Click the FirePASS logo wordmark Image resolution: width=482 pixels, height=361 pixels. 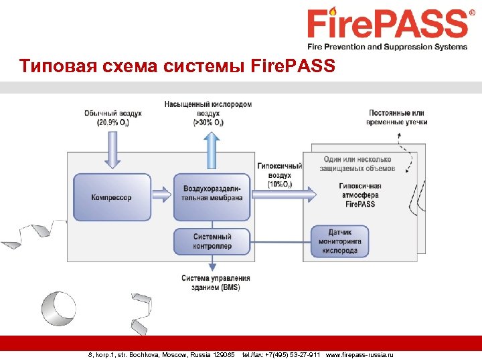click(387, 25)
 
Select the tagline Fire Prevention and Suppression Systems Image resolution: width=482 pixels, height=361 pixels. click(387, 47)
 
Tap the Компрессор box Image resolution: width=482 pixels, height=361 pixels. click(111, 197)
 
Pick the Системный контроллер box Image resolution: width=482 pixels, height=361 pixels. click(212, 241)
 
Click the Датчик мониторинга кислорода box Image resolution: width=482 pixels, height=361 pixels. click(339, 241)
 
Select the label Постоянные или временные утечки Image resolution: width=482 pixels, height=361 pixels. click(396, 118)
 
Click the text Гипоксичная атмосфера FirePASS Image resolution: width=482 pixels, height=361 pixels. click(360, 195)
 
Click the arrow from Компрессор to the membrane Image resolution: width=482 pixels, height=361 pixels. click(161, 195)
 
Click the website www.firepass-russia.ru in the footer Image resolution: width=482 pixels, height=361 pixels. click(359, 354)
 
